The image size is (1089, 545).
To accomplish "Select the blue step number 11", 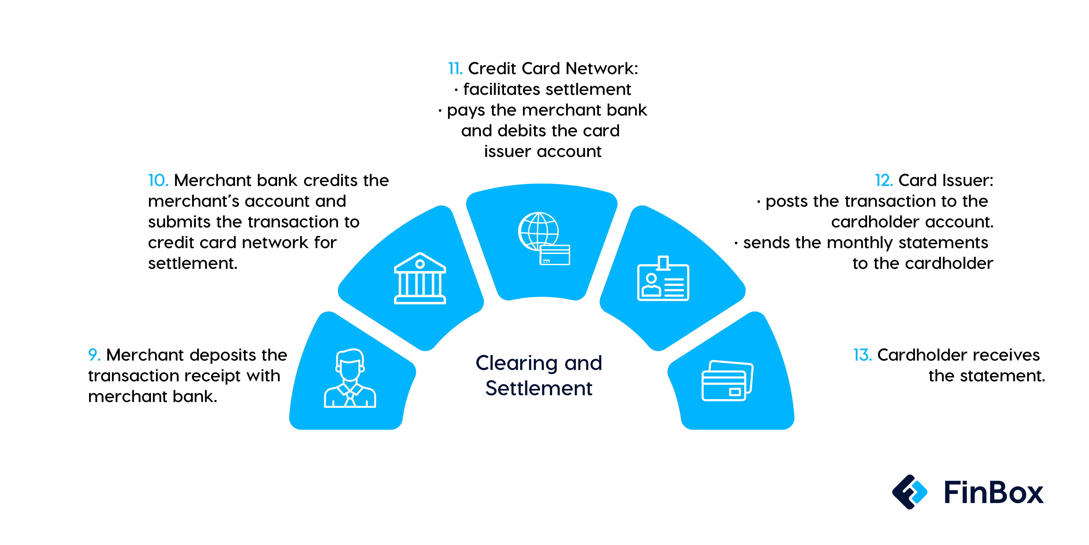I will [455, 68].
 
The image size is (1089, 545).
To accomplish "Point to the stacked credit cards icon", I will [727, 381].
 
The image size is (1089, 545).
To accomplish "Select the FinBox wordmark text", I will [993, 492].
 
